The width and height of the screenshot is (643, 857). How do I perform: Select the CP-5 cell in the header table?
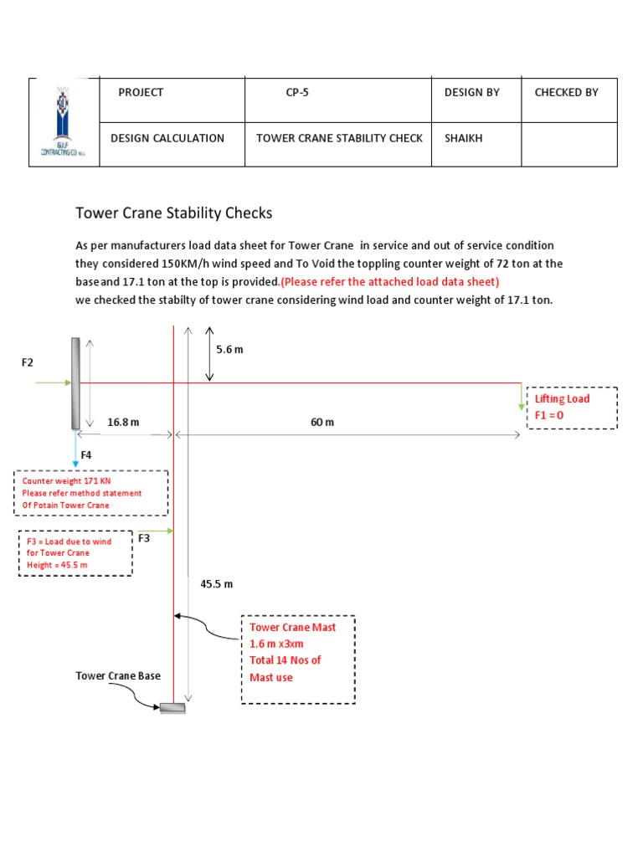point(296,93)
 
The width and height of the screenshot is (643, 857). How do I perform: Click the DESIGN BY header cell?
point(471,93)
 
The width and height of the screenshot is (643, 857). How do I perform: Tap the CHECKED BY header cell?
point(566,93)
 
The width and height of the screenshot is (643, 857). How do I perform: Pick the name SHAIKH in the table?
point(464,138)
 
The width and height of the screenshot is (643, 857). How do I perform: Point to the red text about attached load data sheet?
point(389,281)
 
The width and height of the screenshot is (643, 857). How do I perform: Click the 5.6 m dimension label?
point(229,349)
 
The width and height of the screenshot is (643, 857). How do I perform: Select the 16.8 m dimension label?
point(123,423)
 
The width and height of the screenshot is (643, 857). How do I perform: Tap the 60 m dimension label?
point(321,423)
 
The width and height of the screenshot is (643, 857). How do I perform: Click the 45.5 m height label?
point(216,583)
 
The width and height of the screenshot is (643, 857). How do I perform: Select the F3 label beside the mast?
point(144,538)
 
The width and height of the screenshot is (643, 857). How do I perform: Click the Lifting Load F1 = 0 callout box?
point(572,408)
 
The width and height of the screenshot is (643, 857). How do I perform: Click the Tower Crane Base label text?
point(118,675)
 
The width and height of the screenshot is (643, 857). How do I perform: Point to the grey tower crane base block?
point(172,708)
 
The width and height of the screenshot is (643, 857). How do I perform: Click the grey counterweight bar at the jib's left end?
point(75,382)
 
